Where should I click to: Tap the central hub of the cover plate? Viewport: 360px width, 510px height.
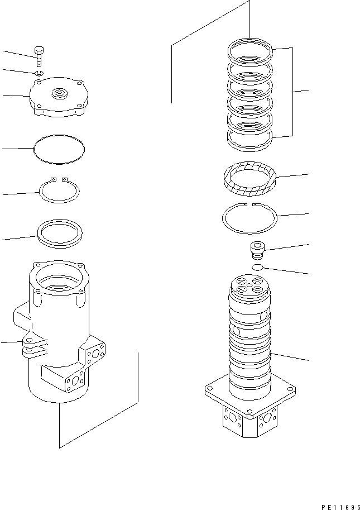(x=59, y=92)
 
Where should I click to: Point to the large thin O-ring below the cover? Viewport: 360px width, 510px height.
(x=60, y=149)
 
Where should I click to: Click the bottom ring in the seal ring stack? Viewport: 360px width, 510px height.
(x=249, y=139)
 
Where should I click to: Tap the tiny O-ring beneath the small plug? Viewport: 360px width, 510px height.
(x=257, y=268)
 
